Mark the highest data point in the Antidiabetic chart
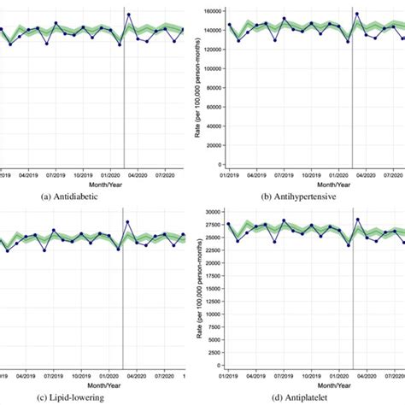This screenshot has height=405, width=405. point(128,15)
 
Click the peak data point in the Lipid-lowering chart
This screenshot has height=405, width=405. point(127,222)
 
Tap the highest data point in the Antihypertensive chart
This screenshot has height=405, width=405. point(356,14)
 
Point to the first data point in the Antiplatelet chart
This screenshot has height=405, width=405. point(229,224)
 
